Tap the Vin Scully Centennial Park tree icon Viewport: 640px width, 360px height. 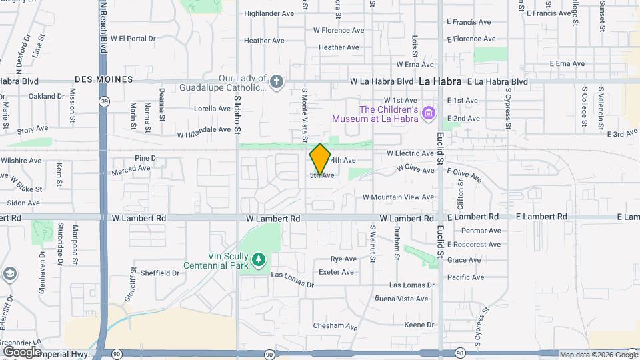coord(258,259)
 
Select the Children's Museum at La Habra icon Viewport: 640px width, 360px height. coord(429,114)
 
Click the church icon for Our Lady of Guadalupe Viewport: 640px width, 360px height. coord(277,82)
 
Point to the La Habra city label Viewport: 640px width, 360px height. coord(440,81)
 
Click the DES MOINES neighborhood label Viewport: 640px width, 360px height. coord(104,79)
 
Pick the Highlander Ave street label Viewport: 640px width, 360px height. coord(269,13)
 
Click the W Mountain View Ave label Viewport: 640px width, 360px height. coord(399,197)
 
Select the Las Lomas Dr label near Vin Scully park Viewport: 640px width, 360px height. coord(292,285)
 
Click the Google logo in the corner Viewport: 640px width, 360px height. coord(22,351)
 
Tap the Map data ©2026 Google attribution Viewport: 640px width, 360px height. coord(598,355)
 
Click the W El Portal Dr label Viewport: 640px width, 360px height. coord(133,39)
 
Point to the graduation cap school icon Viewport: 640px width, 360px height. coord(10,274)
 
